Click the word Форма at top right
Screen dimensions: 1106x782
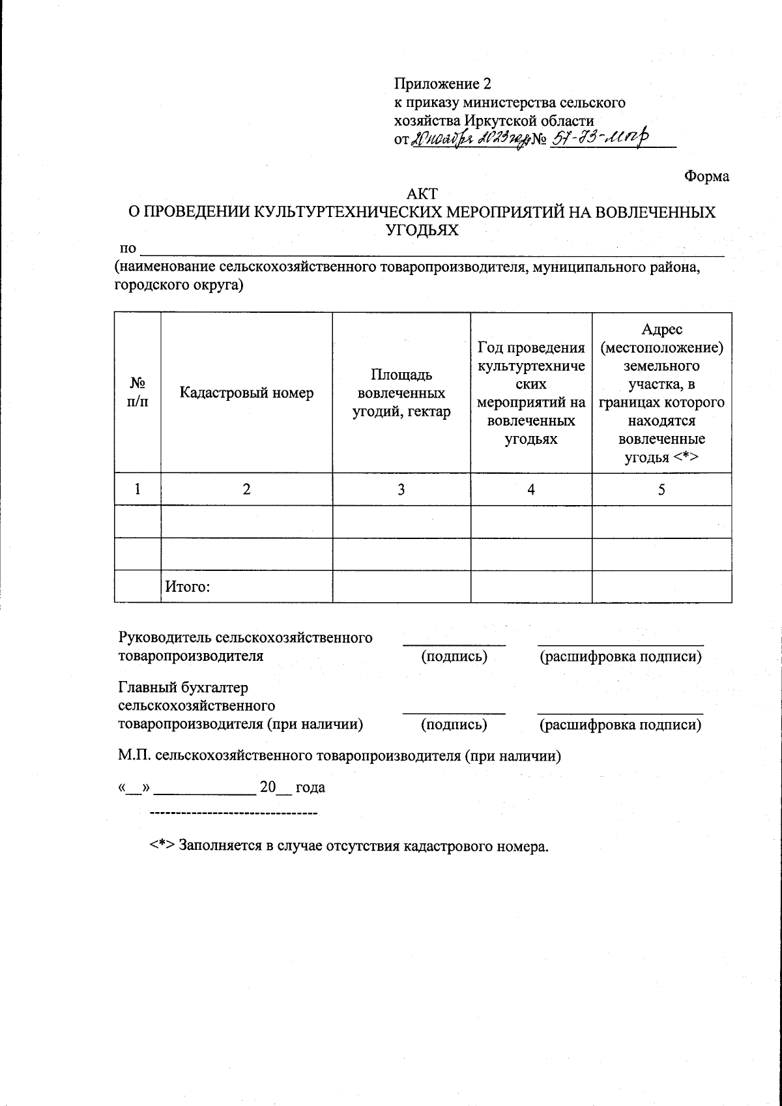click(706, 177)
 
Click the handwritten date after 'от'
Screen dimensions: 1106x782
click(468, 139)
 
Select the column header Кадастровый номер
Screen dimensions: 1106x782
click(246, 393)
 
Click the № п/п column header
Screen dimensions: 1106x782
click(137, 393)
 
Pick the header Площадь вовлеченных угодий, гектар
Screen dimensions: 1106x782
click(401, 393)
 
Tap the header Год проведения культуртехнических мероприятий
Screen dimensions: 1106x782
click(531, 393)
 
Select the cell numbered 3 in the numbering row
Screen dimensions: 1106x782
click(401, 489)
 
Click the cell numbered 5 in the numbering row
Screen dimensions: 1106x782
click(661, 489)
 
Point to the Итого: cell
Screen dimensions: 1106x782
click(187, 587)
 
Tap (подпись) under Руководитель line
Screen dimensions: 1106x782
click(454, 657)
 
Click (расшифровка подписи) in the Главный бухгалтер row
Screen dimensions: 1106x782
click(620, 725)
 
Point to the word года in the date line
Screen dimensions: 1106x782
click(310, 788)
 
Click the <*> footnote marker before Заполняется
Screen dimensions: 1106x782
click(162, 847)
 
